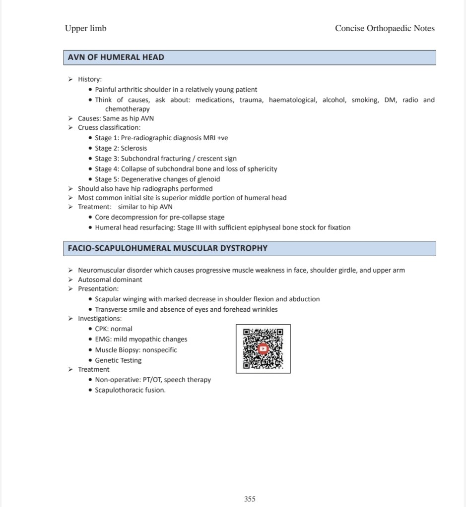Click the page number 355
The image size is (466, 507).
coord(250,499)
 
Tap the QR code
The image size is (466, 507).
coord(263,349)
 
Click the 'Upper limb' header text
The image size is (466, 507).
coord(85,28)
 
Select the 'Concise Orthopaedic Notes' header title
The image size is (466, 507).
coord(385,28)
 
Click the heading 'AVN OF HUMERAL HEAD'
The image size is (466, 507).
coord(116,57)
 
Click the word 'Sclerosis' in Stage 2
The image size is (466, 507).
coord(134,148)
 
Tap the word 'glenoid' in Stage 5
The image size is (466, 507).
coord(208,179)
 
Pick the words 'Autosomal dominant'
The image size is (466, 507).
coord(110,280)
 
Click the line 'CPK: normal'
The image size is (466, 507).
coord(114,329)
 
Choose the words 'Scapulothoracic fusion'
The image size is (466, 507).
coord(130,390)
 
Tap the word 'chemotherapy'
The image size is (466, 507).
coord(127,109)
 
